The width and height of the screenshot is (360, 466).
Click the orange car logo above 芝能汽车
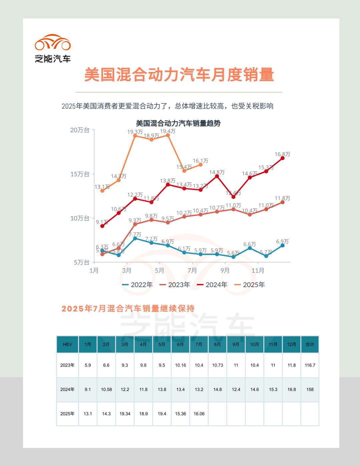tap(53, 43)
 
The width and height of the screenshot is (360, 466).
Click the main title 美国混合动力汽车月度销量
tap(179, 74)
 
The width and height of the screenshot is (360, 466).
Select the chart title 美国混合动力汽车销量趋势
tap(178, 123)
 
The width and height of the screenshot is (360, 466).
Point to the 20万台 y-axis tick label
tap(80, 130)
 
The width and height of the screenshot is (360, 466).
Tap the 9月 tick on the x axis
tap(225, 270)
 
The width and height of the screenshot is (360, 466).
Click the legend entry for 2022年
tap(138, 285)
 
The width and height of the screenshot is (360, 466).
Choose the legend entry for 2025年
tap(250, 285)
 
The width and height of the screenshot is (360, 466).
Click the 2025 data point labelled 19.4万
tap(168, 135)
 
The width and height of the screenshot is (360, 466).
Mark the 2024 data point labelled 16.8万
tap(282, 158)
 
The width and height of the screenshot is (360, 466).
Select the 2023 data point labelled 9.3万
tap(135, 224)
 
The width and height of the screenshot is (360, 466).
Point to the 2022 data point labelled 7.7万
tap(135, 238)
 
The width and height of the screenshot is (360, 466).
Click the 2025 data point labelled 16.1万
tap(200, 165)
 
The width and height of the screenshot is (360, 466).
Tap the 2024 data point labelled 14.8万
tap(217, 176)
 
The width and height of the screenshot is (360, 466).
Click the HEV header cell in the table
tap(67, 344)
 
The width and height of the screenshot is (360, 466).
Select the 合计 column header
tap(310, 344)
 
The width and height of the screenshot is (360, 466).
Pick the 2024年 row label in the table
tap(67, 389)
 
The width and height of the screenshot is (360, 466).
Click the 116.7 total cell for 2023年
tap(310, 365)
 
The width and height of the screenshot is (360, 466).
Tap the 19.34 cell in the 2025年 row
tap(125, 414)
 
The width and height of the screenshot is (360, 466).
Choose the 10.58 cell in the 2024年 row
tap(106, 389)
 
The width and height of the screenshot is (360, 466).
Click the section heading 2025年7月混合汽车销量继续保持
tap(128, 309)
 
